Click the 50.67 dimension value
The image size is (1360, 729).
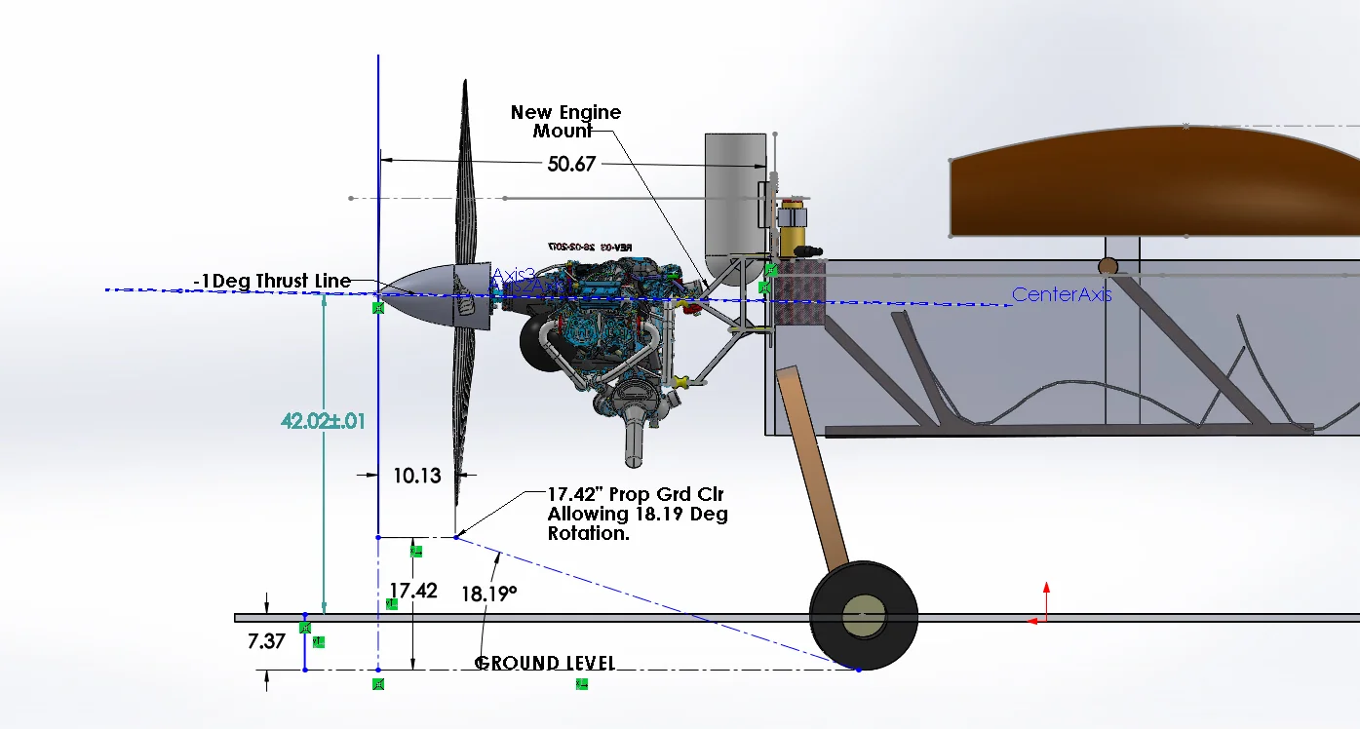pyautogui.click(x=571, y=164)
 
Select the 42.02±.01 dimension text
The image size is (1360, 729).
pyautogui.click(x=323, y=421)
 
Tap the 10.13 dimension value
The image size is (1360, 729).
pyautogui.click(x=416, y=476)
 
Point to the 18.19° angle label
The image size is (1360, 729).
pyautogui.click(x=489, y=594)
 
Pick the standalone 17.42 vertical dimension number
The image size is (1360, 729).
pyautogui.click(x=413, y=591)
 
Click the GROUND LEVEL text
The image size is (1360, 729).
pyautogui.click(x=545, y=664)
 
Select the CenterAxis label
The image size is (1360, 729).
pyautogui.click(x=1061, y=294)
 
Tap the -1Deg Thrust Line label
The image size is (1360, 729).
pyautogui.click(x=272, y=282)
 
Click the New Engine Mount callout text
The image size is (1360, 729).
pyautogui.click(x=565, y=121)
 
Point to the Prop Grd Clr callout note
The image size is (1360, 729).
pyautogui.click(x=637, y=514)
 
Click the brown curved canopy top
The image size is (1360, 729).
pyautogui.click(x=1150, y=180)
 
